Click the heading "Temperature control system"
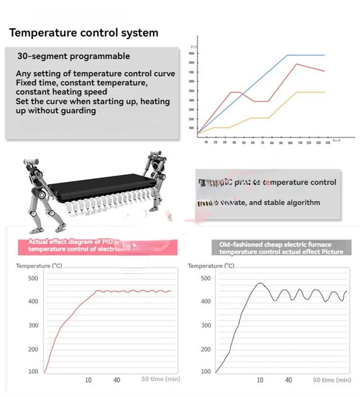tap(84, 33)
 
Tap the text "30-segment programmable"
tap(73, 56)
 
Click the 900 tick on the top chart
tap(192, 54)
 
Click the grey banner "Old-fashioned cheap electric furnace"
tap(281, 248)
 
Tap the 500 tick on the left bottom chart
tap(33, 278)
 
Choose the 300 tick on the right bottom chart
tap(205, 325)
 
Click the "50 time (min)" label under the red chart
tap(161, 379)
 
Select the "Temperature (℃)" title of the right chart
tap(211, 266)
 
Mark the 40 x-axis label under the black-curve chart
tap(289, 380)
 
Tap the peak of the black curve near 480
tap(260, 284)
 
